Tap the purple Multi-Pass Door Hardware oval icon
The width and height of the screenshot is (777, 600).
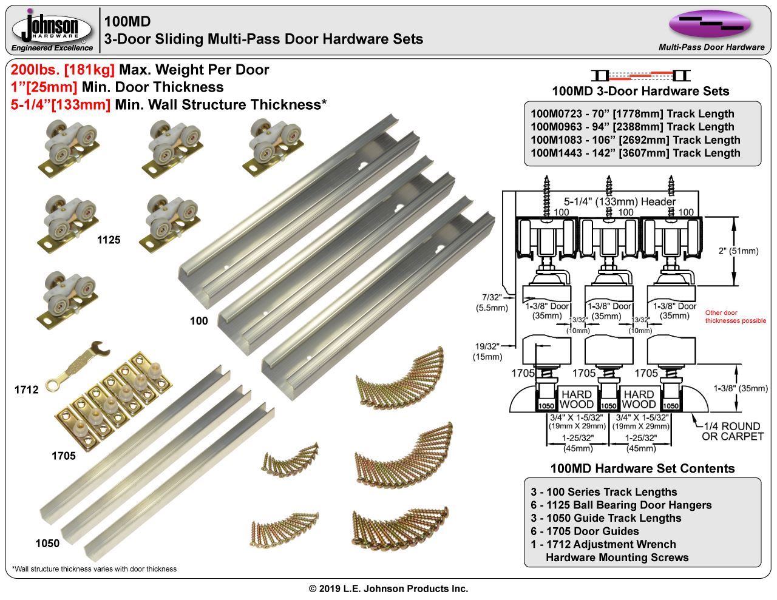710,24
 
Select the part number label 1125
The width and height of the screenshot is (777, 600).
109,240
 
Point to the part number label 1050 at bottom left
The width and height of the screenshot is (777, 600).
47,543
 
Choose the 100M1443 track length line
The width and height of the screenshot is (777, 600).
635,153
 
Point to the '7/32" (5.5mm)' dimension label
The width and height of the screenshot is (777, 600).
491,302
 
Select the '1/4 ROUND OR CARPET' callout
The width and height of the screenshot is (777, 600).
732,431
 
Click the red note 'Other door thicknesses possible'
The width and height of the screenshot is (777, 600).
735,317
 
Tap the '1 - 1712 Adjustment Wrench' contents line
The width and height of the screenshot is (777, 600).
603,544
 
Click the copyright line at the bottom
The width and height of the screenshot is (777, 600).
388,588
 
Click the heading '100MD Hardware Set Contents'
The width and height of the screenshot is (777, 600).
642,468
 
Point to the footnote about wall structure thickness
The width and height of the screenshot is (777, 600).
94,569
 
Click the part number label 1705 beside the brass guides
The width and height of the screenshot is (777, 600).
64,455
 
